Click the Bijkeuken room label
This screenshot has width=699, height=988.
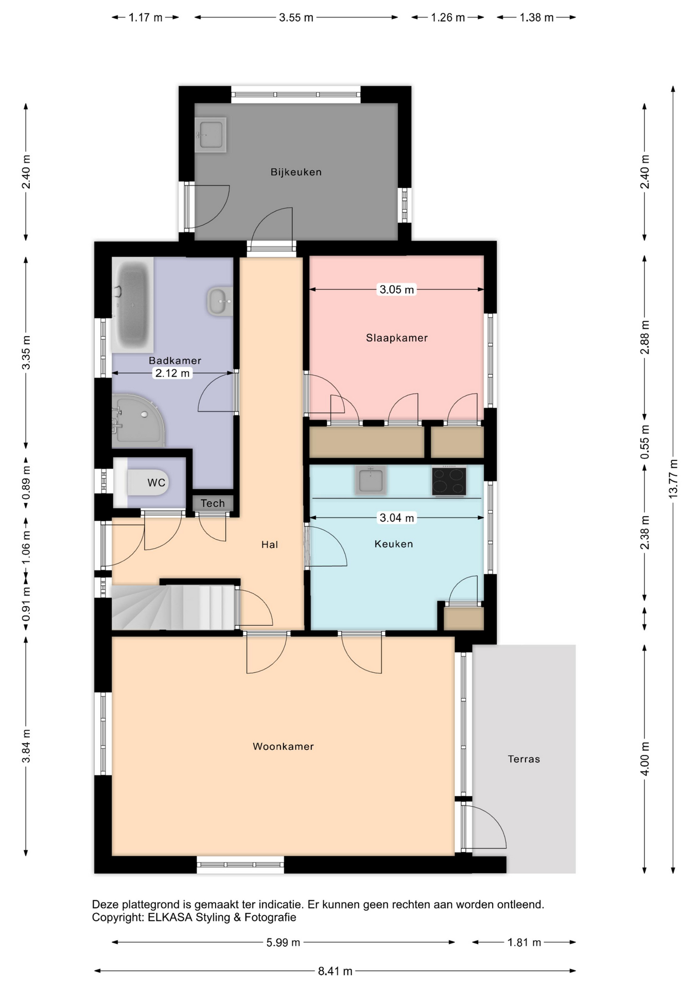(296, 172)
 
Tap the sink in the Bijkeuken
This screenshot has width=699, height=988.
(211, 135)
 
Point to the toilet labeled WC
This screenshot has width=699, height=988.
(142, 483)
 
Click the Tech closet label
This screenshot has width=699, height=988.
(213, 503)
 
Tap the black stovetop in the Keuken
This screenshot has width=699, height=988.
(449, 481)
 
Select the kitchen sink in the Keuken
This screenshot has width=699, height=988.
(370, 480)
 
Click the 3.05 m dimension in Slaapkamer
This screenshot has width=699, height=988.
(396, 290)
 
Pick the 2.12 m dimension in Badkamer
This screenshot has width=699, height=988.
(172, 373)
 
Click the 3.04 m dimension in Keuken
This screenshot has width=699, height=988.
(396, 518)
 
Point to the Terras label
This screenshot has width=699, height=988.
(524, 759)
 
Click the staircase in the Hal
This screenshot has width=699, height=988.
(174, 607)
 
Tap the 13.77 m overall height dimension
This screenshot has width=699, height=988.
(673, 479)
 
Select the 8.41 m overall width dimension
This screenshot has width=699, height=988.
(335, 971)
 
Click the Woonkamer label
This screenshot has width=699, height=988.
(283, 747)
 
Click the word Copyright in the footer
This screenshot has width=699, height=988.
(117, 918)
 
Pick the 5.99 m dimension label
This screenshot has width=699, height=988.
(283, 943)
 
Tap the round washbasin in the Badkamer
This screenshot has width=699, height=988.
(220, 301)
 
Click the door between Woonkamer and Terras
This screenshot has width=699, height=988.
(484, 827)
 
